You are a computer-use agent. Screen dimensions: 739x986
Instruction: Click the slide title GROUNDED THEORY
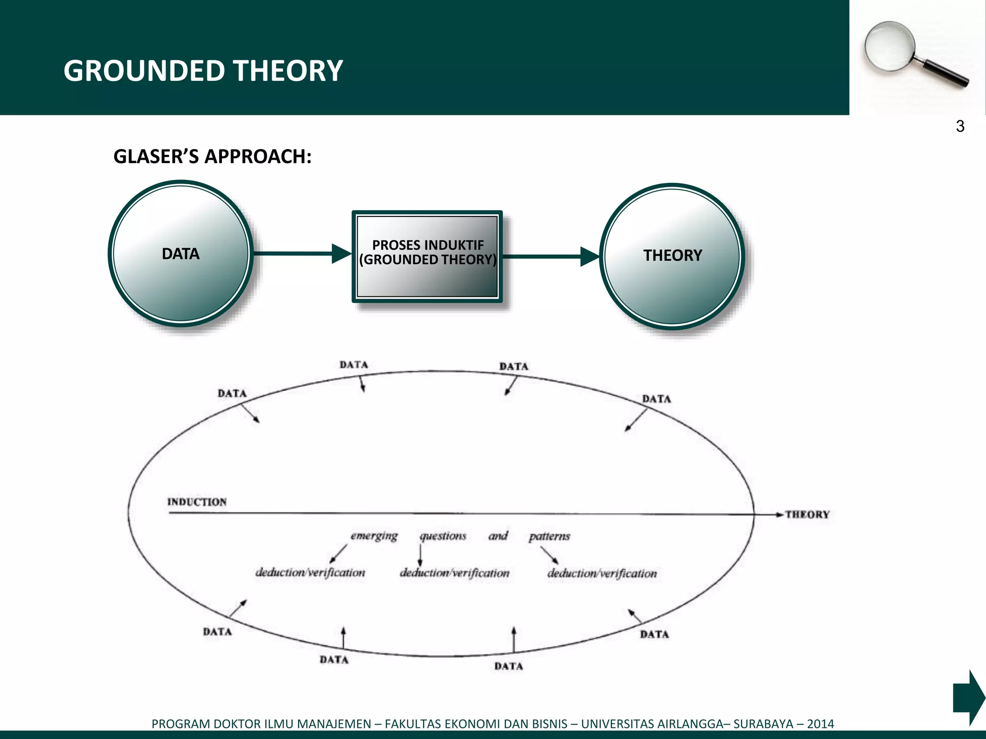click(203, 71)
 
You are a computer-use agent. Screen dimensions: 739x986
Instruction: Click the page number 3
click(960, 127)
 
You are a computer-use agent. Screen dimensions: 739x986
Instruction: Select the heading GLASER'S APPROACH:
click(212, 157)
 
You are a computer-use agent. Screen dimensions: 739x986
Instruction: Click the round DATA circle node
click(181, 254)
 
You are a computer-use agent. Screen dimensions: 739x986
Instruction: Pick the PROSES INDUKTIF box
click(428, 256)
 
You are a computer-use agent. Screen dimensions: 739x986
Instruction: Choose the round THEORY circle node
click(672, 256)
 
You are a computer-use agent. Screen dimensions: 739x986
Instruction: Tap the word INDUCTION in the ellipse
click(197, 502)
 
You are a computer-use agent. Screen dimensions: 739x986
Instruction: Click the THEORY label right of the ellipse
click(807, 515)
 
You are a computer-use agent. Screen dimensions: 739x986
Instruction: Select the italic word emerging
click(374, 536)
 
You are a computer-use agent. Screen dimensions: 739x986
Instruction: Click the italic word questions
click(443, 536)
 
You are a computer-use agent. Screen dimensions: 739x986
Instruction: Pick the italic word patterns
click(549, 536)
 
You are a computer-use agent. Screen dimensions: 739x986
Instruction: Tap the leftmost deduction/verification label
click(310, 573)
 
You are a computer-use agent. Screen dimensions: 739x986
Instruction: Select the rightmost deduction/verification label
click(602, 573)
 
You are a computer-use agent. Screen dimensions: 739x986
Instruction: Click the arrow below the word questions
click(420, 556)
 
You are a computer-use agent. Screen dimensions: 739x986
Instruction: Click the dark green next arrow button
click(968, 697)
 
